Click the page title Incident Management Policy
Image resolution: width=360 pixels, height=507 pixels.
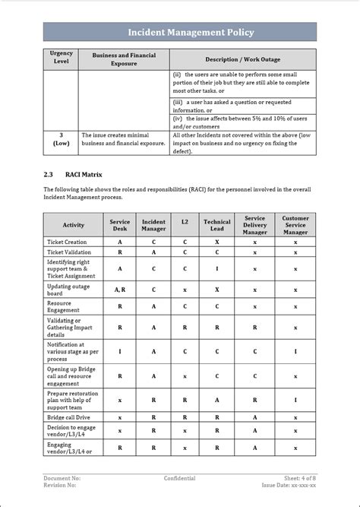coord(180,32)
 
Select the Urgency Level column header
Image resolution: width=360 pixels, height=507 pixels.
coord(60,58)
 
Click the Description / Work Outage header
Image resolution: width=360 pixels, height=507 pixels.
coord(242,59)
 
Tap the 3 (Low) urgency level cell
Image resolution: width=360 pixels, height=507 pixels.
coord(60,142)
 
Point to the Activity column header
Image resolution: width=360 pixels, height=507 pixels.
coord(73,225)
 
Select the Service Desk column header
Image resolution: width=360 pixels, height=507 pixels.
coord(119,225)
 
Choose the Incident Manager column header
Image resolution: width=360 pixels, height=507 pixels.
coord(153,225)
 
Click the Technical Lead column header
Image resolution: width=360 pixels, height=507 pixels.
coord(216,225)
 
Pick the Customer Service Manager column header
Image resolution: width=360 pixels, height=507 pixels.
coord(295,225)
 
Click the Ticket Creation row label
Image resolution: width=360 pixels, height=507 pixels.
coord(67,242)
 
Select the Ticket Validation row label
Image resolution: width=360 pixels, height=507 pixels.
coord(68,252)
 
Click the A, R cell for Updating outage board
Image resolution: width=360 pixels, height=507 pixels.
coord(119,290)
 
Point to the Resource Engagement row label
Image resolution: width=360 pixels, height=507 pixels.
coord(64,307)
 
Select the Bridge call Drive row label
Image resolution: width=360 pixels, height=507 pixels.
coord(69,417)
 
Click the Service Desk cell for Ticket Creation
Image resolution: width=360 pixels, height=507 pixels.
coord(119,242)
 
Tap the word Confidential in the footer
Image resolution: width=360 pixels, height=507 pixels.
coord(179,478)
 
